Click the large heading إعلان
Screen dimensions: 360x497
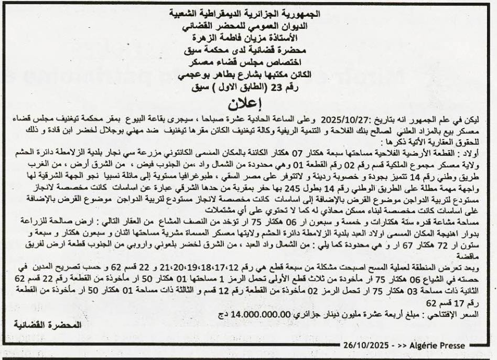(248, 102)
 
